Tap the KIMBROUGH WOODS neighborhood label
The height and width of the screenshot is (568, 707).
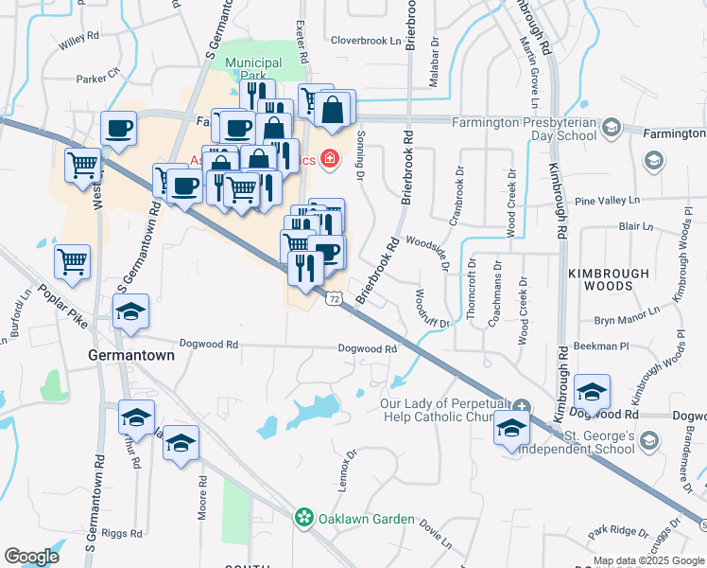click(x=609, y=279)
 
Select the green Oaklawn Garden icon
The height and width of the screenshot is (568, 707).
click(x=304, y=518)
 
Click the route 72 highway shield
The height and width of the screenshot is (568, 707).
click(x=334, y=298)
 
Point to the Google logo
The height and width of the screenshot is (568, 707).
click(x=31, y=557)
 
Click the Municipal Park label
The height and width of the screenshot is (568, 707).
click(x=253, y=68)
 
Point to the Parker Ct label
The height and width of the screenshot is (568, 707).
click(x=99, y=76)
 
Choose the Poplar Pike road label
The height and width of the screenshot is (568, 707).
click(x=63, y=306)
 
